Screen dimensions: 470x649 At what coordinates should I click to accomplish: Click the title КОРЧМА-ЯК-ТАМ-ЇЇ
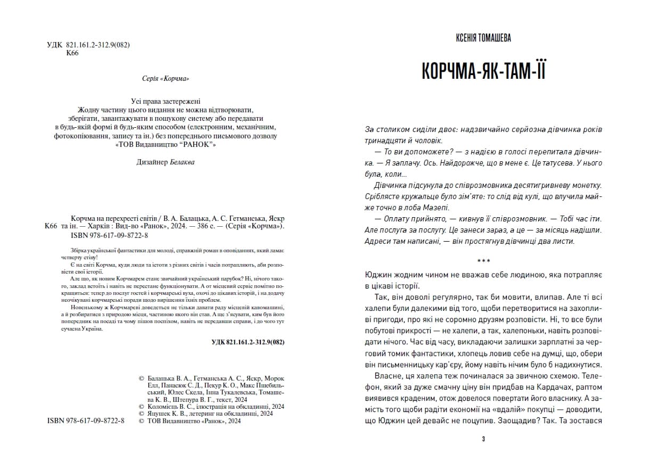coord(483,71)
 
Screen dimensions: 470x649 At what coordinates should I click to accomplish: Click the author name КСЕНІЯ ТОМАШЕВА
coord(483,38)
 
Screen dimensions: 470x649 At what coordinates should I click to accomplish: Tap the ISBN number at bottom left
coord(86,420)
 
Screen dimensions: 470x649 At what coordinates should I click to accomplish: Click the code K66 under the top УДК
coord(72,54)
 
